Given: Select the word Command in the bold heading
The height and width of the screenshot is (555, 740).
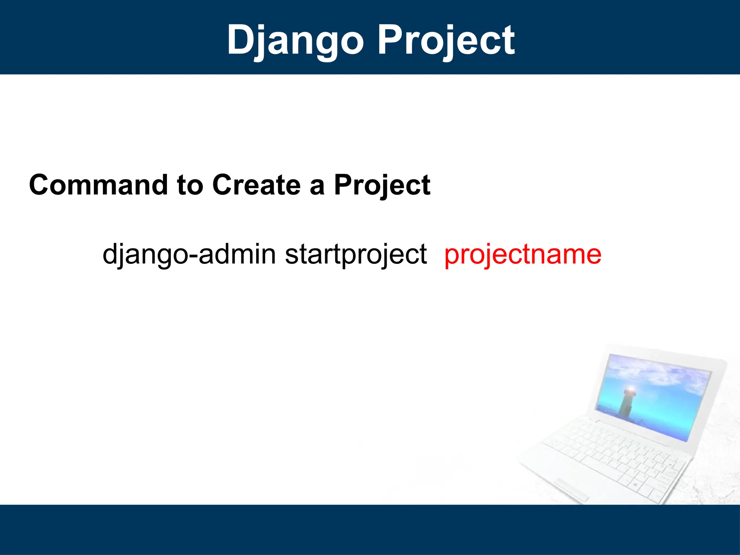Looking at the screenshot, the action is pyautogui.click(x=99, y=185).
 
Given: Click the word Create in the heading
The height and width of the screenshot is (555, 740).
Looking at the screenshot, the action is pyautogui.click(x=257, y=185).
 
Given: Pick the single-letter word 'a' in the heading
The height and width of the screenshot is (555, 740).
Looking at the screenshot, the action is pyautogui.click(x=317, y=188).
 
